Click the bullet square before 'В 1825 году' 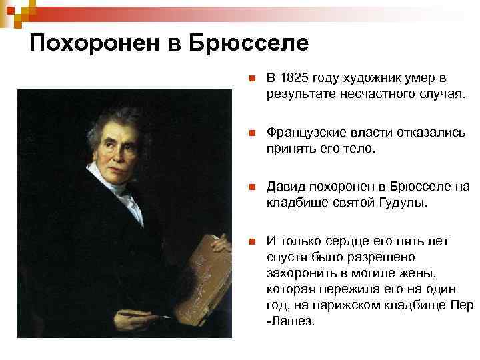coord(249,79)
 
